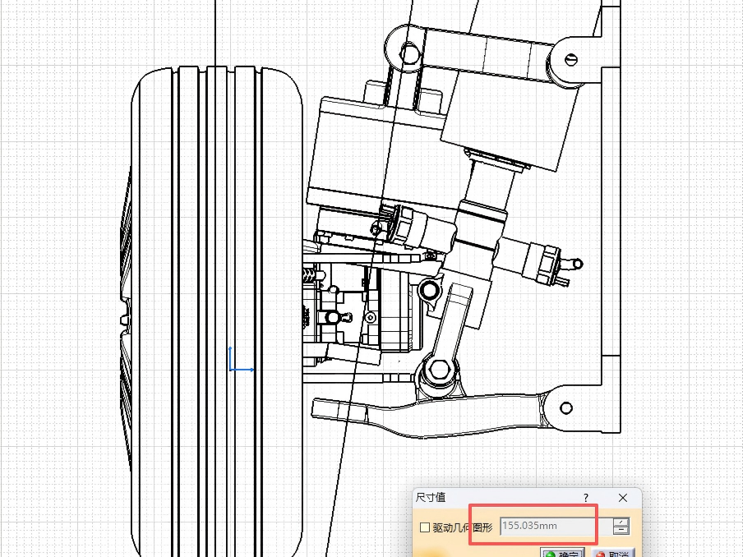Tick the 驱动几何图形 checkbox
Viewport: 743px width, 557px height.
424,527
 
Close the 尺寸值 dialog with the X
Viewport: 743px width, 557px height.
622,498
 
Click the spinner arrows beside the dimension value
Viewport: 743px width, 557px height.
621,526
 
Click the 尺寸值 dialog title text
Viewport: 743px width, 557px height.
430,498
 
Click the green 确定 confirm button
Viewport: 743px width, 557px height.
562,553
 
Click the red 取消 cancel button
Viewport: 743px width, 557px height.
613,553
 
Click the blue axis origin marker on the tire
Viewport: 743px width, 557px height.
232,369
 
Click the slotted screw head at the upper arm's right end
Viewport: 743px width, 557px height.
572,58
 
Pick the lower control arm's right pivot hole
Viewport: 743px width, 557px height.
566,408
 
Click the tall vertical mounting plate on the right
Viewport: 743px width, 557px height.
611,214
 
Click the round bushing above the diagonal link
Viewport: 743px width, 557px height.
428,289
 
